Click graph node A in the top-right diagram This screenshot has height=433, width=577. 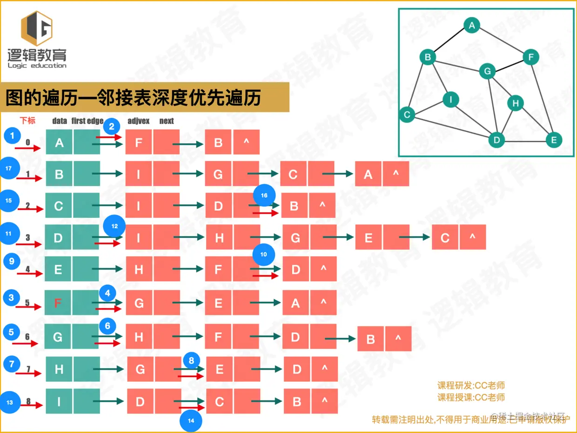pos(472,25)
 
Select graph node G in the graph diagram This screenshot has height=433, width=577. pos(487,71)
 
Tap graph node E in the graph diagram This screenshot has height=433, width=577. pos(554,140)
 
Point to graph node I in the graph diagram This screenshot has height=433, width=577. pos(450,99)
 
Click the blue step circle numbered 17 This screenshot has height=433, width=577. pos(9,169)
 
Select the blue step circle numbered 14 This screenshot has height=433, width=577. pos(191,420)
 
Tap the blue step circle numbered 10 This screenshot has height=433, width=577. pos(264,254)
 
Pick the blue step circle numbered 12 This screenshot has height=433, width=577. pos(115,226)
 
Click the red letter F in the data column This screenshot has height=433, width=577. pos(58,304)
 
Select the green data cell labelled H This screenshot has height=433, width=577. pos(59,370)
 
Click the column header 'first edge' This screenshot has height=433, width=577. pos(87,121)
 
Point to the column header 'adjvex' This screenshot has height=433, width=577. pos(138,121)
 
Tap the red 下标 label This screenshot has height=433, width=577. pos(27,121)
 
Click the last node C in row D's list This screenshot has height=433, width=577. pos(445,238)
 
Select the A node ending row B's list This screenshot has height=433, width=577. pos(368,174)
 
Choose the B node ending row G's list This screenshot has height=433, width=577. pos(370,339)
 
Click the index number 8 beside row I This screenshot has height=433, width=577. pos(28,400)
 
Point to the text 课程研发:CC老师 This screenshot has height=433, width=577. pos(471,386)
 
